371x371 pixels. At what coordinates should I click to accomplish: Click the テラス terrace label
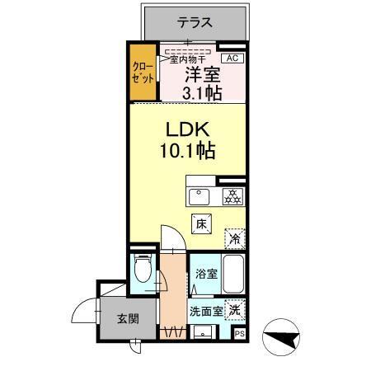(195, 22)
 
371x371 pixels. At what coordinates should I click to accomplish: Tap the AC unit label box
(232, 58)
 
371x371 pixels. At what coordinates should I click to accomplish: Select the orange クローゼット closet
(142, 76)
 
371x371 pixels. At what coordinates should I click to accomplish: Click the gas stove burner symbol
(232, 196)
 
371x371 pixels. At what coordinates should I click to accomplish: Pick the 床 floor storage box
(200, 223)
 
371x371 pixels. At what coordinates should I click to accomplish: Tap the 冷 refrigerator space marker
(235, 237)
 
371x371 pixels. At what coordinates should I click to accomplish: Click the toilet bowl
(142, 269)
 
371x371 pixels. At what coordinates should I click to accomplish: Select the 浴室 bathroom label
(206, 274)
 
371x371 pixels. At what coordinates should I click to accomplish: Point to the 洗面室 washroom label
(206, 312)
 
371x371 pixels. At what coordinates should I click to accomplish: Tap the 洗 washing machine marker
(236, 311)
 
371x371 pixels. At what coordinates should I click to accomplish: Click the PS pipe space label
(240, 334)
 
